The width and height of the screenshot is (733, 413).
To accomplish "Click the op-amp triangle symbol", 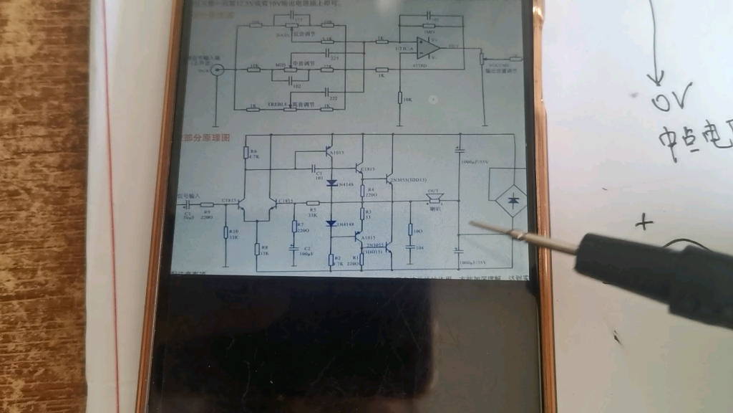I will pos(427,48).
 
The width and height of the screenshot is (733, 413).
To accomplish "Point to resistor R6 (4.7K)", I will pos(246,153).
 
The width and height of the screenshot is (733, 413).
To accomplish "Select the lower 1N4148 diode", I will pos(332,224).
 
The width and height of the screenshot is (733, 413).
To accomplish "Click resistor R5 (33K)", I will pos(312,204).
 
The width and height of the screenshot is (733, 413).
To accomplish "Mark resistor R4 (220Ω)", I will pos(363,190).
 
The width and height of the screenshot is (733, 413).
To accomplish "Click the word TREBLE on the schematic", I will pos(278,105).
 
